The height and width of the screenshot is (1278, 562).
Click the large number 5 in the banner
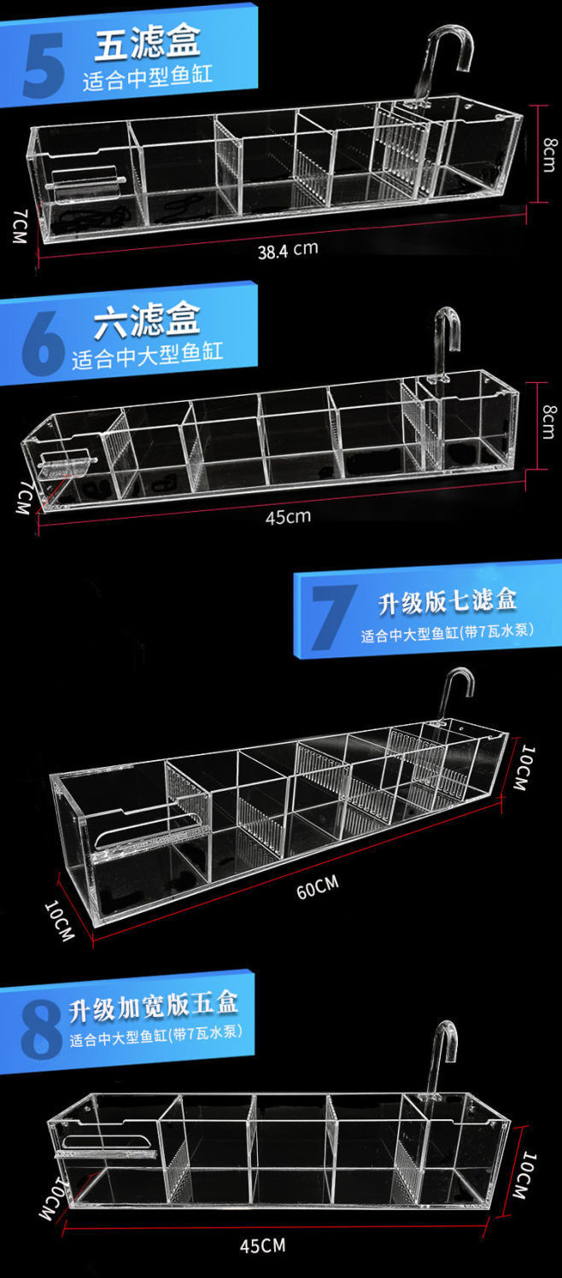point(42,65)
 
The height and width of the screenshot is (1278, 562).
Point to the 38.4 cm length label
point(288,250)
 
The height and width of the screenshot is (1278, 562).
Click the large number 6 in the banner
point(42,345)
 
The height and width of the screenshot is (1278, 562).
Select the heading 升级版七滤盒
point(448,601)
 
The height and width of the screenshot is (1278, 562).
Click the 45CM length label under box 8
point(262,1246)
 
